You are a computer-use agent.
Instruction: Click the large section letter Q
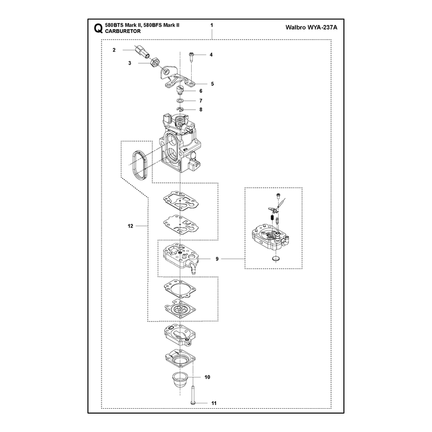(x=98, y=29)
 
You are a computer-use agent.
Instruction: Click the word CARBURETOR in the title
(x=123, y=31)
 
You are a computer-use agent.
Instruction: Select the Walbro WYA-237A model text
(x=312, y=28)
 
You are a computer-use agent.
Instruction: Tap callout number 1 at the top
(x=212, y=25)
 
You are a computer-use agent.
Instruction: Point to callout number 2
(x=114, y=50)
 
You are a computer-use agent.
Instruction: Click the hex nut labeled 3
(x=155, y=62)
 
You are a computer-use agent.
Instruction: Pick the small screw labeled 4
(x=191, y=57)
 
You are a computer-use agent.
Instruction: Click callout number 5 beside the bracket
(x=212, y=84)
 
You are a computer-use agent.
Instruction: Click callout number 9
(x=217, y=259)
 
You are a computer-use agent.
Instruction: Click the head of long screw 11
(x=193, y=403)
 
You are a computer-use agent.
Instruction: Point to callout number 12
(x=130, y=226)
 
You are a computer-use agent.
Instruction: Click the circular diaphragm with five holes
(x=180, y=307)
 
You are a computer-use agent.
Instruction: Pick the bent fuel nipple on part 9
(x=192, y=267)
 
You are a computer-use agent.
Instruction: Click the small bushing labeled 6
(x=180, y=90)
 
